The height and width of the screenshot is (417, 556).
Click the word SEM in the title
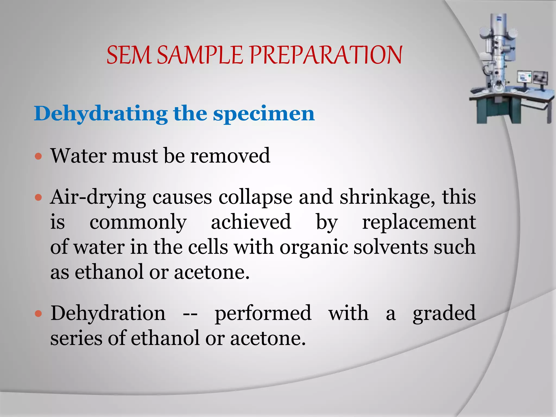(129, 55)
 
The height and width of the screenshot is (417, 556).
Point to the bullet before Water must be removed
(39, 156)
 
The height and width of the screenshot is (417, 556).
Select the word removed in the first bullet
(230, 156)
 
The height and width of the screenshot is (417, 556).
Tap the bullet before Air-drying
(39, 197)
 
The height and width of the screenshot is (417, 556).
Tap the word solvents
(390, 247)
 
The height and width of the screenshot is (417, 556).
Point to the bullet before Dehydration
(39, 314)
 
